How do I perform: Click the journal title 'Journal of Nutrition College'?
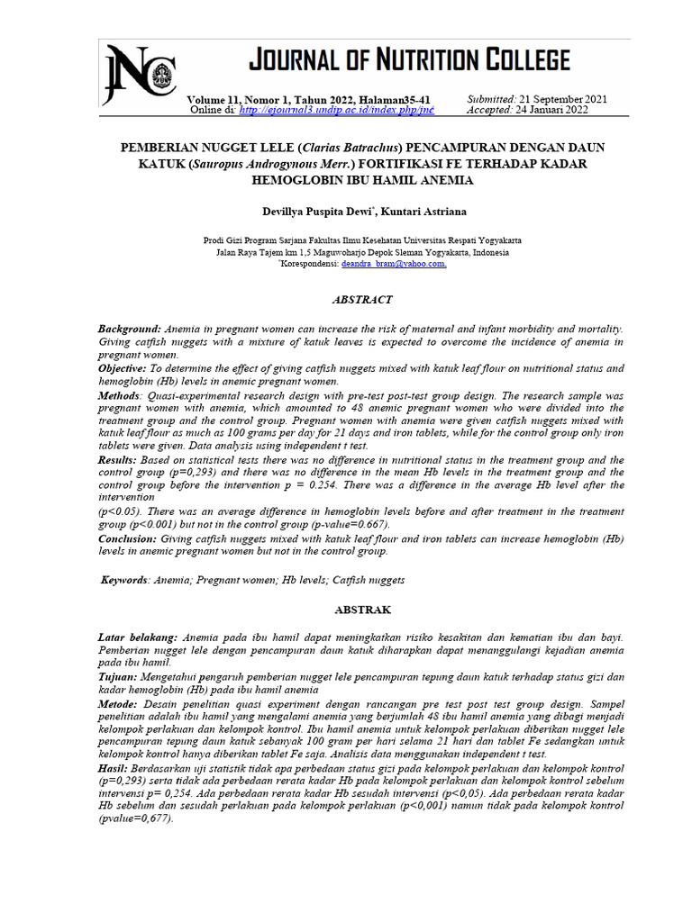(408, 60)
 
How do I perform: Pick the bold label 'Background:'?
(130, 330)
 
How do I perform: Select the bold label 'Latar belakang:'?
(137, 637)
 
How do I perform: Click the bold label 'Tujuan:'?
(118, 676)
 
